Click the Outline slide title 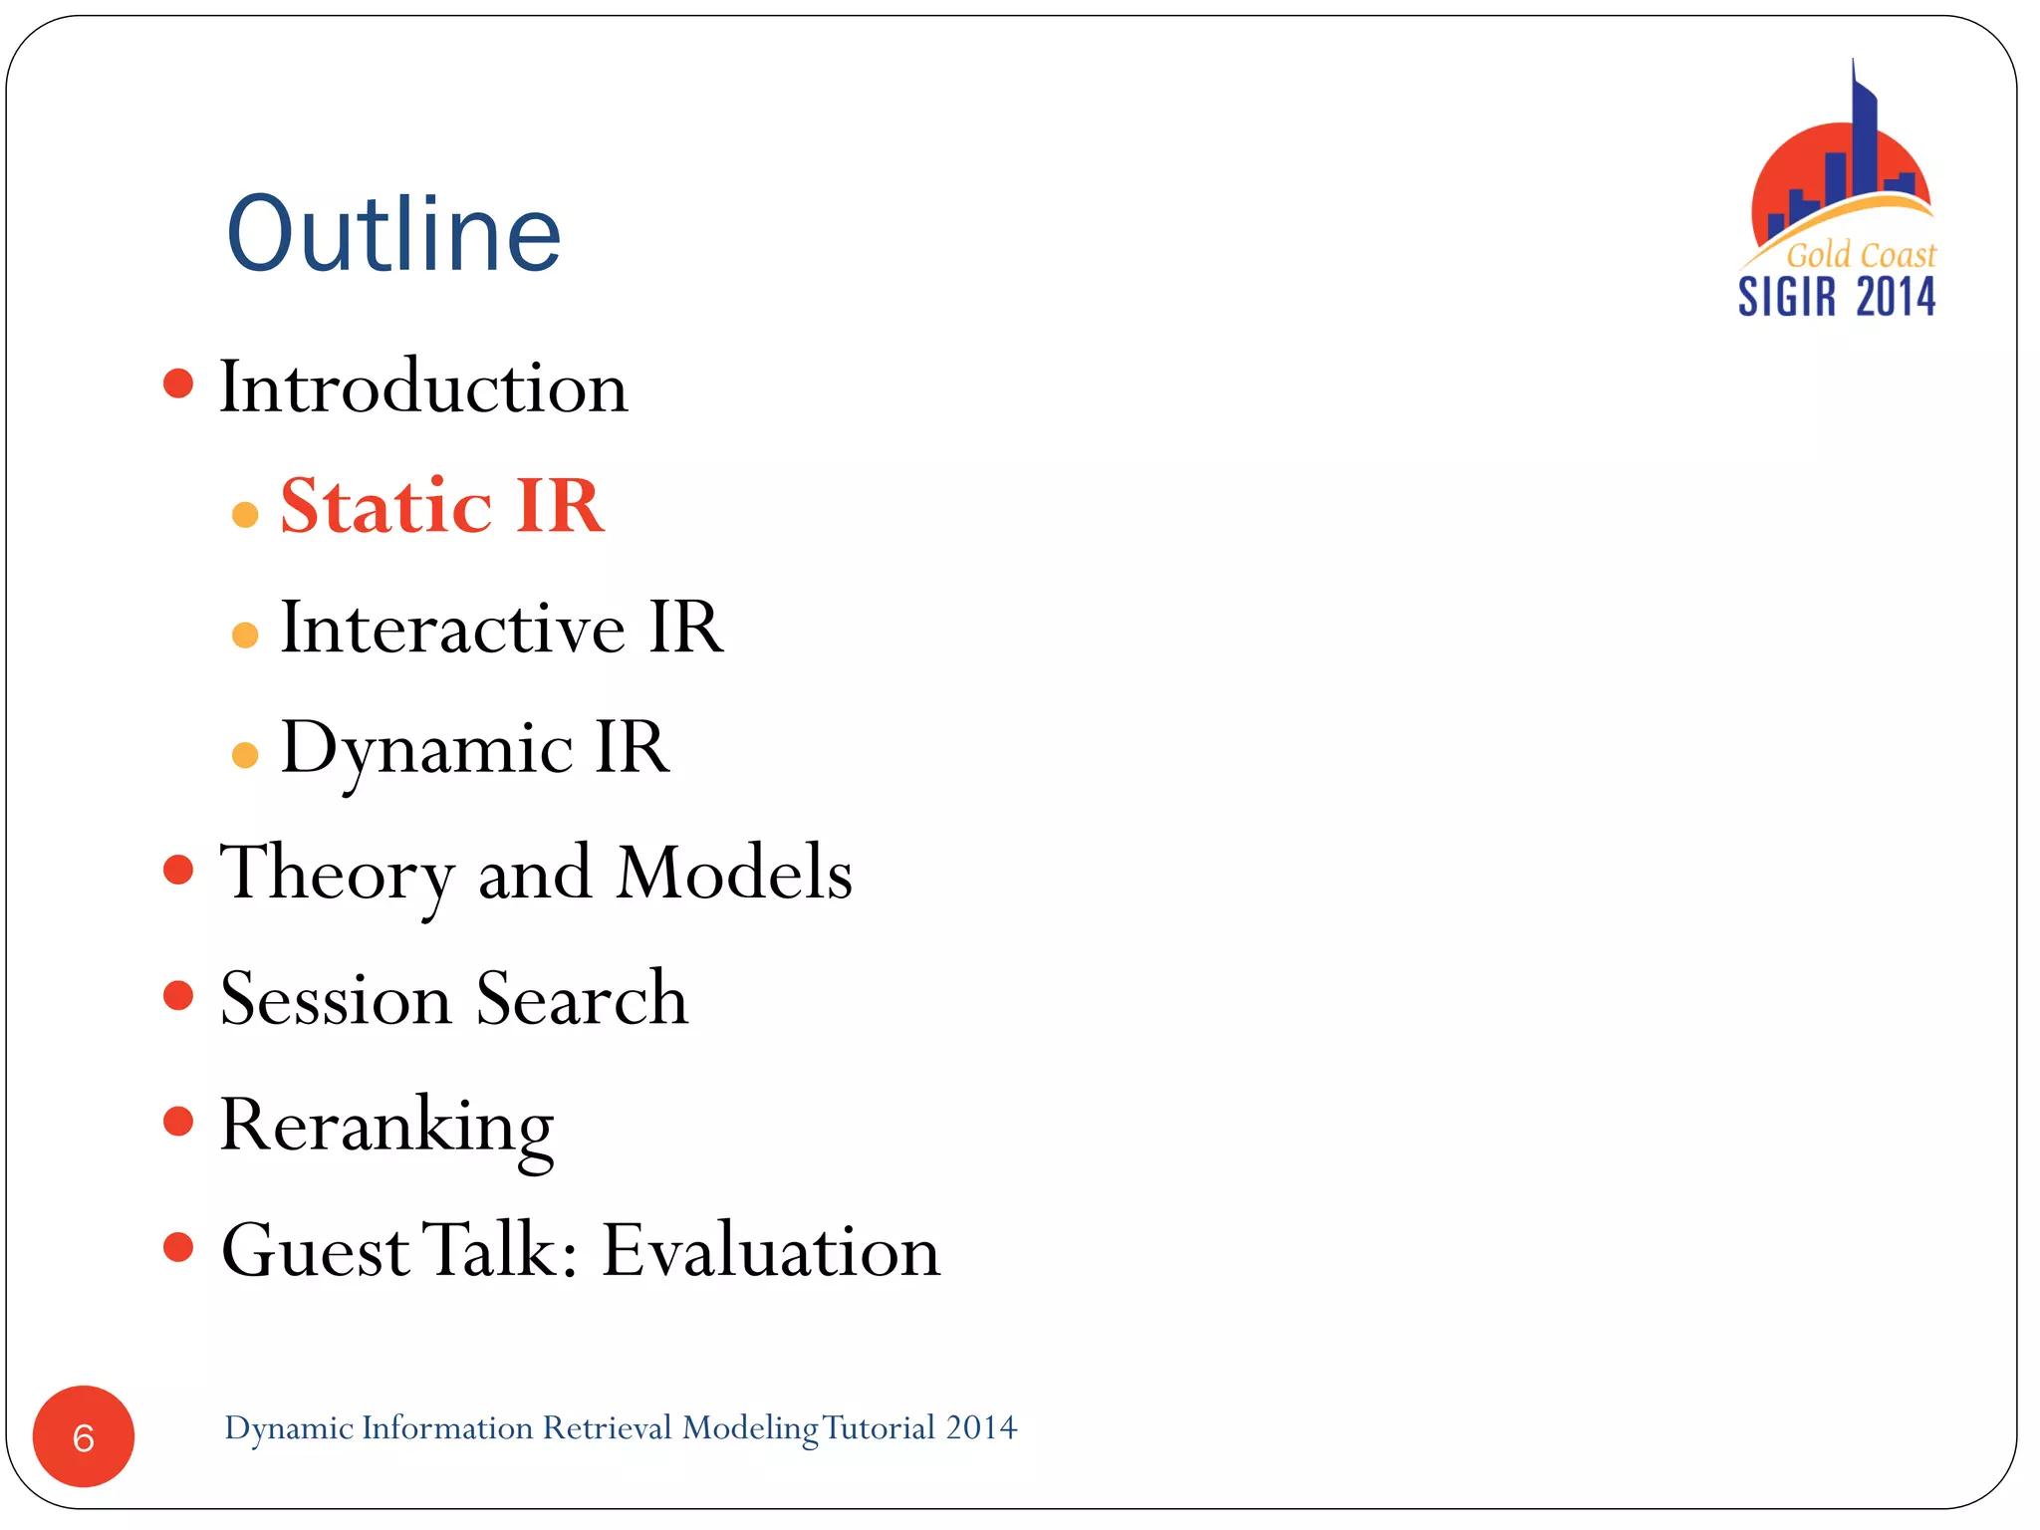393,234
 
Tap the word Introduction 423,386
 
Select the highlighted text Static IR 442,506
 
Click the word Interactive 453,628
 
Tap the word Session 336,998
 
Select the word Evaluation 771,1250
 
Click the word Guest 315,1250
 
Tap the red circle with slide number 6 84,1436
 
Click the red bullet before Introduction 178,383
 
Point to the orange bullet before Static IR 245,515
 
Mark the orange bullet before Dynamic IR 245,755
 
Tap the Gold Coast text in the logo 1860,255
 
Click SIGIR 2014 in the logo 1837,297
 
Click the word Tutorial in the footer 879,1427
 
